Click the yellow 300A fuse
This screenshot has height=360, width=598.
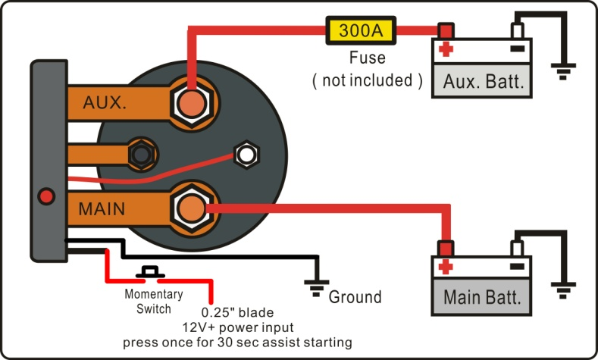(359, 31)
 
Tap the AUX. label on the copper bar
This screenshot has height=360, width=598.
(105, 102)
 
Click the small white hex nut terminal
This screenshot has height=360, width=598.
(246, 154)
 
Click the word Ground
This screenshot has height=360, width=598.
(354, 296)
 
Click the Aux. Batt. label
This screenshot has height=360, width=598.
(482, 81)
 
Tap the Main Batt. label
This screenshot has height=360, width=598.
(482, 296)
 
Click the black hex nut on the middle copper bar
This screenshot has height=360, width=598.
(139, 153)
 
